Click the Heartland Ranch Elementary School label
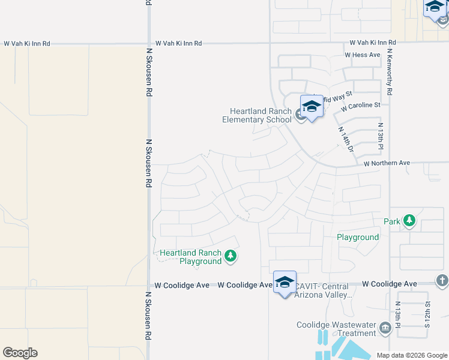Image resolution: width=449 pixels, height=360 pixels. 261,115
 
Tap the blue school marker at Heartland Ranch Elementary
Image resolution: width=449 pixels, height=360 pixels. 312,107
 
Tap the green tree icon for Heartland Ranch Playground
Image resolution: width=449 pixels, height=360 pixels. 230,257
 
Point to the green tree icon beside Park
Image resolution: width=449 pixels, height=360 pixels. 409,221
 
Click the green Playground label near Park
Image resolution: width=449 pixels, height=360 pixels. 358,237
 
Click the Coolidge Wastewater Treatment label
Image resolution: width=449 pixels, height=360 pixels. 336,329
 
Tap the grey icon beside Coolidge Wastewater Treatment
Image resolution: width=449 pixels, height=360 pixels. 385,329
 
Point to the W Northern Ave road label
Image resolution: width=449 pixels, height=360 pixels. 387,163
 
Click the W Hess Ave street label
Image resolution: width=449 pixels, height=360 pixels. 363,55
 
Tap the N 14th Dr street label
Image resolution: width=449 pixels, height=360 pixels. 345,139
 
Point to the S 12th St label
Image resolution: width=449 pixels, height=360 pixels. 427,314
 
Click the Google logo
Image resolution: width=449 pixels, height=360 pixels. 20,353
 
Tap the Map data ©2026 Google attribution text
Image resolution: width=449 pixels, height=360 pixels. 411,355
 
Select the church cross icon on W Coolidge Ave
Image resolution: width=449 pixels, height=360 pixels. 441,280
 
